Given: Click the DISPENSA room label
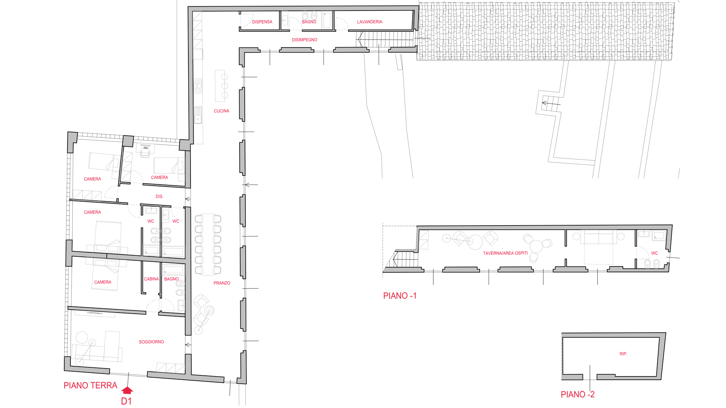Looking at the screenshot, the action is click(262, 22).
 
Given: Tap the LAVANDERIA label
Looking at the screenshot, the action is click(370, 22).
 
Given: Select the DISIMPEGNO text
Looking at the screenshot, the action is click(305, 40).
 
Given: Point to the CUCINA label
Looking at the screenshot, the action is click(221, 111).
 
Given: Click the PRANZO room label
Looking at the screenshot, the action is click(222, 283).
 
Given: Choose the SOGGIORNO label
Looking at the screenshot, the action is click(151, 342).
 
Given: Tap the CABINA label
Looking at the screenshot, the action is click(151, 279).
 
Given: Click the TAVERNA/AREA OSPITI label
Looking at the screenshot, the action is click(505, 253).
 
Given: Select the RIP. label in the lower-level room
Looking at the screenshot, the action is click(623, 354).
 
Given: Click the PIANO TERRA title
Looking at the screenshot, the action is click(90, 386).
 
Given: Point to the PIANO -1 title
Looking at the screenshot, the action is click(400, 296).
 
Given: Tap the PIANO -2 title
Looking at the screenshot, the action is click(578, 395).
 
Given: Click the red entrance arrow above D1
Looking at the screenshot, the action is click(127, 390).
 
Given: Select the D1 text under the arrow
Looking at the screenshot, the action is click(126, 401).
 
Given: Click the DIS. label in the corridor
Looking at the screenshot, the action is click(159, 197).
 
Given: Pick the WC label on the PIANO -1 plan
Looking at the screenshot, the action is click(654, 253).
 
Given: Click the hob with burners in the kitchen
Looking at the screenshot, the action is click(198, 86).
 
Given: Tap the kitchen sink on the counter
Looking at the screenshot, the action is click(198, 115).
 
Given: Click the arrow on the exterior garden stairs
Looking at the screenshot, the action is click(551, 104).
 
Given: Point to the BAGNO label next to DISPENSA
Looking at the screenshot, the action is click(309, 22).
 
